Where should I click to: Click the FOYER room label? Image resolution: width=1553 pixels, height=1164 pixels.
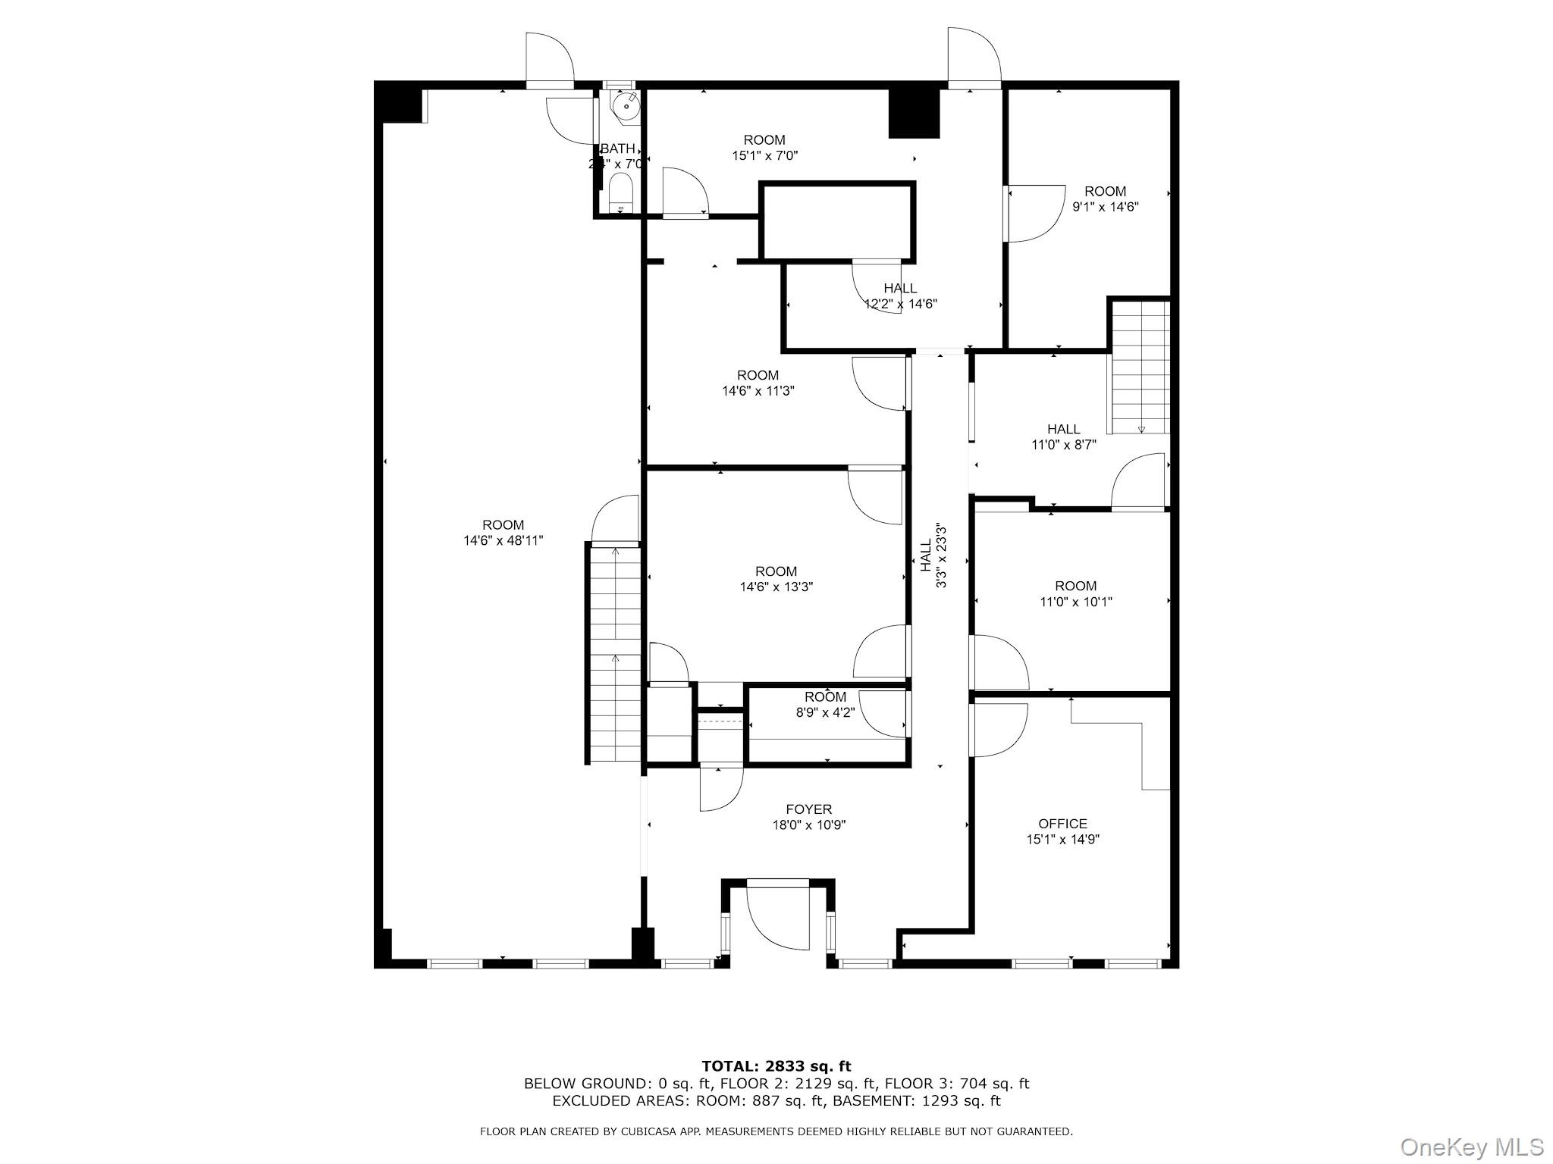pyautogui.click(x=808, y=809)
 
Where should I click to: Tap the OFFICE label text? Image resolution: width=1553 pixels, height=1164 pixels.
pyautogui.click(x=1062, y=824)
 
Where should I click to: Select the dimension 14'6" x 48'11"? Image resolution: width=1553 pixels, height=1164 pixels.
pyautogui.click(x=504, y=541)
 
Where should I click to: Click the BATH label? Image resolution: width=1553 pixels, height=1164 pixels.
pyautogui.click(x=617, y=149)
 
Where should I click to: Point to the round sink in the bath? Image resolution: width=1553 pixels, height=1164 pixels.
pyautogui.click(x=627, y=108)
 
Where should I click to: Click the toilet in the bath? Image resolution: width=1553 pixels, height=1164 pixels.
pyautogui.click(x=621, y=194)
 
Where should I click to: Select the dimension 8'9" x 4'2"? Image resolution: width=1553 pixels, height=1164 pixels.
pyautogui.click(x=825, y=712)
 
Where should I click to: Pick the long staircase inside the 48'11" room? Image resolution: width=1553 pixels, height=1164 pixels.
pyautogui.click(x=615, y=653)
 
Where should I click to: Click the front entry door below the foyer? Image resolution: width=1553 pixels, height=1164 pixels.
pyautogui.click(x=778, y=913)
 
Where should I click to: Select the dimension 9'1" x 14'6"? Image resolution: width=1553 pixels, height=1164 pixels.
pyautogui.click(x=1105, y=207)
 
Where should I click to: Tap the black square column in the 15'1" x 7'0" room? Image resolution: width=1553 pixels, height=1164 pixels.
pyautogui.click(x=914, y=114)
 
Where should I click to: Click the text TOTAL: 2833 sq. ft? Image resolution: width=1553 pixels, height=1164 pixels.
pyautogui.click(x=776, y=1067)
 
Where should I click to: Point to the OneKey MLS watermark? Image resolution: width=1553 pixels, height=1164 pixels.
pyautogui.click(x=1471, y=1147)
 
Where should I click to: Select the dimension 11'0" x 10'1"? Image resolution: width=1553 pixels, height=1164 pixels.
pyautogui.click(x=1075, y=602)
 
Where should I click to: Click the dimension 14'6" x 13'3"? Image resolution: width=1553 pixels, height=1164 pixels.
pyautogui.click(x=776, y=587)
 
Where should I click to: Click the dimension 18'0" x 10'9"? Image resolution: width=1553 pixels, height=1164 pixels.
pyautogui.click(x=808, y=825)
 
